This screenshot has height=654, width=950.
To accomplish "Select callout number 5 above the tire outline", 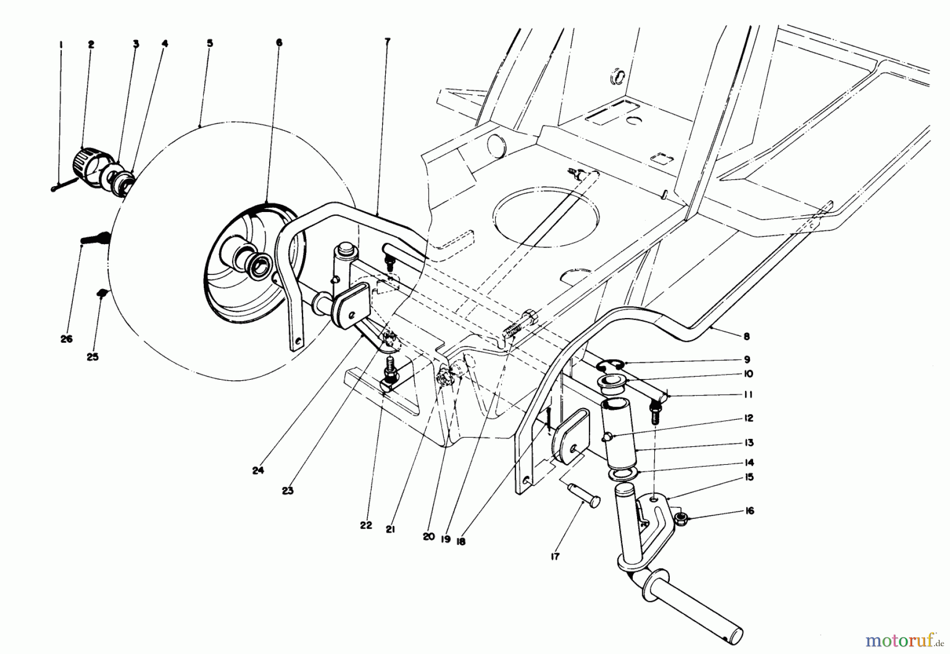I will point(210,44).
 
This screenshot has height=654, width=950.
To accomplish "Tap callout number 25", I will point(92,357).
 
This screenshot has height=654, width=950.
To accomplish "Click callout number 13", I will point(749,443).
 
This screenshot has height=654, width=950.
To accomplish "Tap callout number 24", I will point(258,471).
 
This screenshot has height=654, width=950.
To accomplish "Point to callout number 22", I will point(366,525).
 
